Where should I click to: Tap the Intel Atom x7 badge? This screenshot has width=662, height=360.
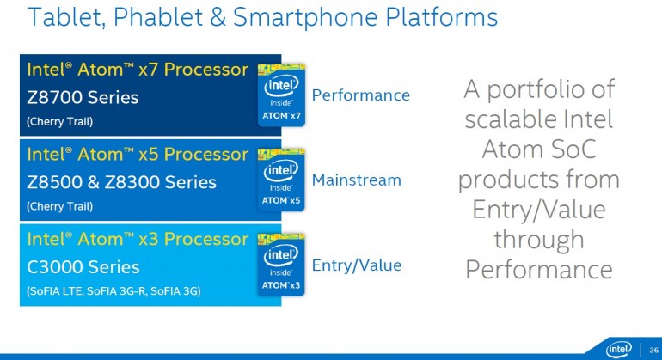pyautogui.click(x=282, y=95)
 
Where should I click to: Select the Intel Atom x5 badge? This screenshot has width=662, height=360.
pyautogui.click(x=282, y=180)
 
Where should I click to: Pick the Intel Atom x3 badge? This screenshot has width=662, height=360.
pyautogui.click(x=282, y=264)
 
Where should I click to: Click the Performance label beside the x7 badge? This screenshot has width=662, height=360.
pyautogui.click(x=360, y=95)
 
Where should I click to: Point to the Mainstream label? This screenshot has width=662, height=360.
pyautogui.click(x=356, y=180)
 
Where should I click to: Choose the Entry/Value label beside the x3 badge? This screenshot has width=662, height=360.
pyautogui.click(x=356, y=265)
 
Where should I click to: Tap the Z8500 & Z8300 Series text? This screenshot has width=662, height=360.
pyautogui.click(x=121, y=182)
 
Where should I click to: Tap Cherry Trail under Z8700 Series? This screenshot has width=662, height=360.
pyautogui.click(x=59, y=121)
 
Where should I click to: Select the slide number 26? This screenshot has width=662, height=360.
pyautogui.click(x=650, y=348)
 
